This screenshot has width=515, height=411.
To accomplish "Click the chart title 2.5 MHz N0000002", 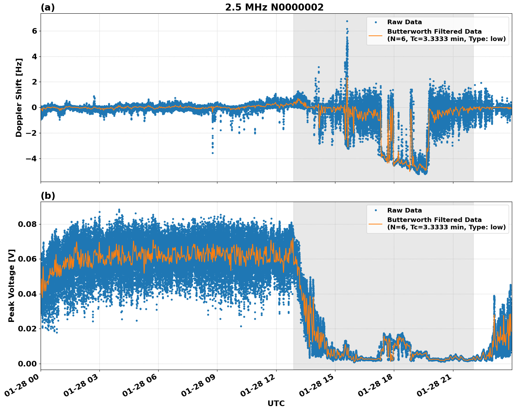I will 274,7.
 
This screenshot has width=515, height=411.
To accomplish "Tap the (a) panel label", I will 48,7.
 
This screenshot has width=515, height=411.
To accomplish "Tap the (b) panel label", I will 48,196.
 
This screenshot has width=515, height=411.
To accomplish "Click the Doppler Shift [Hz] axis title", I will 19,97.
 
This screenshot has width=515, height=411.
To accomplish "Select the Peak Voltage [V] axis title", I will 12,285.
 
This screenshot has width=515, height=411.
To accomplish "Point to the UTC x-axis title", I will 276,404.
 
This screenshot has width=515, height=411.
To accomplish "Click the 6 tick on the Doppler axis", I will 34,31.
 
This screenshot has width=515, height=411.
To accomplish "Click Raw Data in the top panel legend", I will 404,22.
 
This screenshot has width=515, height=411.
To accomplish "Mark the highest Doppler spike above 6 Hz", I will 347,21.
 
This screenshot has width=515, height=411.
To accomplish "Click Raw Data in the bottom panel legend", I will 404,210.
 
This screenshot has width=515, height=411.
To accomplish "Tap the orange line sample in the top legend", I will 376,35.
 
